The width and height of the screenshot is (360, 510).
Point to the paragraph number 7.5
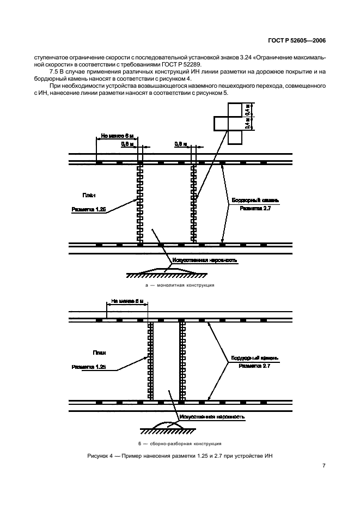click(54, 71)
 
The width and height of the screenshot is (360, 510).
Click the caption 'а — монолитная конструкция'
click(180, 285)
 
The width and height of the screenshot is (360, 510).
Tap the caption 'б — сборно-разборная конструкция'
click(180, 442)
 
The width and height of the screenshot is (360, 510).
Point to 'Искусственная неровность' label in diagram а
click(204, 260)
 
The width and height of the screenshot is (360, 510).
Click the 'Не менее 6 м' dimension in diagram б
click(127, 300)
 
